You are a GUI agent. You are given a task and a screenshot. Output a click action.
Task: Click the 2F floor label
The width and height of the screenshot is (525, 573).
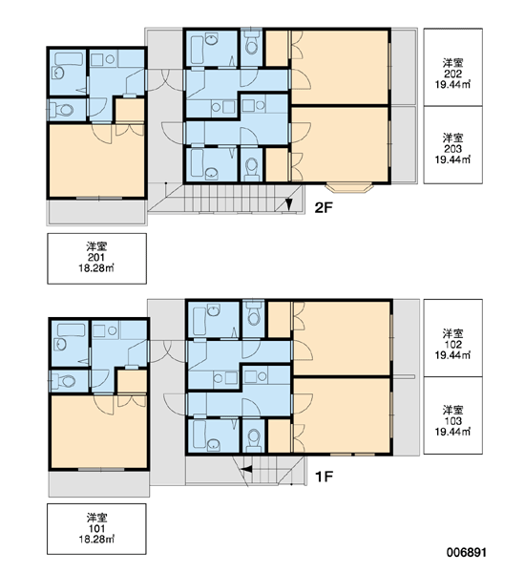point(324,208)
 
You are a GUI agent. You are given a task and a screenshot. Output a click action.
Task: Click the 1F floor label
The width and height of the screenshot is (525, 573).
point(324,477)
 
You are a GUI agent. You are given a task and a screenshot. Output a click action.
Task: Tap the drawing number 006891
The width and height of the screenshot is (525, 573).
point(467,552)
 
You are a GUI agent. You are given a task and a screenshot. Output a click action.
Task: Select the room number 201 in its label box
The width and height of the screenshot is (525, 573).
point(96,257)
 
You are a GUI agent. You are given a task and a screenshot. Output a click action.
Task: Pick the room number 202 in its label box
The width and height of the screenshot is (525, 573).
point(452,74)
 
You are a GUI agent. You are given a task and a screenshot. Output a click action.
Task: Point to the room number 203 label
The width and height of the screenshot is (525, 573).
point(452,149)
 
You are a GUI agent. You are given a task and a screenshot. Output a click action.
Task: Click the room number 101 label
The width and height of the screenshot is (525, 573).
point(96,528)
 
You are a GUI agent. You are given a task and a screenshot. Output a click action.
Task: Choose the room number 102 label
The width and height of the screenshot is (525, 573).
point(452,344)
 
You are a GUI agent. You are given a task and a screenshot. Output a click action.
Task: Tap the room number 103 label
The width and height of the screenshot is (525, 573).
point(452,421)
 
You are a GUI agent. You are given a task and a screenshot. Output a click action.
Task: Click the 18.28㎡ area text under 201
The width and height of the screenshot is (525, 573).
point(96,267)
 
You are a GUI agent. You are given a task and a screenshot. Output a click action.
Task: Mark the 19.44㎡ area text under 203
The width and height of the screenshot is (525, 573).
point(452,159)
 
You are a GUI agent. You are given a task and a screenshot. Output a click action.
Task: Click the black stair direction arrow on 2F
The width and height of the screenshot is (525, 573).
point(288,204)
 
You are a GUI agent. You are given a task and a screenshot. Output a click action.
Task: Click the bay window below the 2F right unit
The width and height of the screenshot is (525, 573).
point(350,187)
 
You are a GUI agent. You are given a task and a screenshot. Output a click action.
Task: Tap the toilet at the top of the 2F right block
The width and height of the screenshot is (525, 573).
point(251,43)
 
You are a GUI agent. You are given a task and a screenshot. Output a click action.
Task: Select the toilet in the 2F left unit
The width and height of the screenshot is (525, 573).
point(62,109)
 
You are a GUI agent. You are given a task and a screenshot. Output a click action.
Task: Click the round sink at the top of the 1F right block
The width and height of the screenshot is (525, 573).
point(213,311)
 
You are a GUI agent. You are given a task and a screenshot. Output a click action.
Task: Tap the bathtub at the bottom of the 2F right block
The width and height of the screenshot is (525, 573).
point(198,163)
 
